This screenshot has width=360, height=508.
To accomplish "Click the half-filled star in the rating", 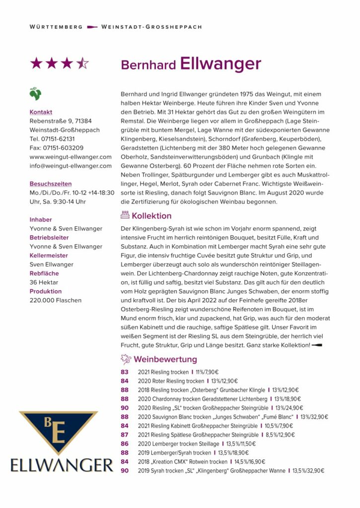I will (82, 63).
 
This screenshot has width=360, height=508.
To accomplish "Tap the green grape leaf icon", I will (35, 93).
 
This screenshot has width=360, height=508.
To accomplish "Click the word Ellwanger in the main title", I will (220, 64).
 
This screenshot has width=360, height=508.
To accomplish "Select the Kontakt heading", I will (41, 112).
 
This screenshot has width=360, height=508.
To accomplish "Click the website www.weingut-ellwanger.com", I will (71, 157).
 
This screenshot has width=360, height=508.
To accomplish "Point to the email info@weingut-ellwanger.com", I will (71, 166).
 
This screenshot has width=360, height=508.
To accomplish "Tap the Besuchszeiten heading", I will (51, 184).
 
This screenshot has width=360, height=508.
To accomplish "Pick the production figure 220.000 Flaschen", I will (56, 300).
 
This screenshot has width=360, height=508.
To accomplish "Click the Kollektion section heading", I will (151, 216).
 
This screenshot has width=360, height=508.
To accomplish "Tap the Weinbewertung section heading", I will (165, 359).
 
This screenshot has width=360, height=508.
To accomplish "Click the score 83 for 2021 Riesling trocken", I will (125, 372).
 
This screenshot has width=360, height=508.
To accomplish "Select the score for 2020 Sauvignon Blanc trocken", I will (125, 417).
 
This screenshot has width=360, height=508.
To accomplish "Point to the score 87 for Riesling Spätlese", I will (125, 435).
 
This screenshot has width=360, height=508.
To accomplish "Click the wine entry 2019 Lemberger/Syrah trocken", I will (174, 452).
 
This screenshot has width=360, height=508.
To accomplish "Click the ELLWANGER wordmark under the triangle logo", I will (62, 465).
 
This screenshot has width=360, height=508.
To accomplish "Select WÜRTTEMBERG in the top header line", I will (56, 27).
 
